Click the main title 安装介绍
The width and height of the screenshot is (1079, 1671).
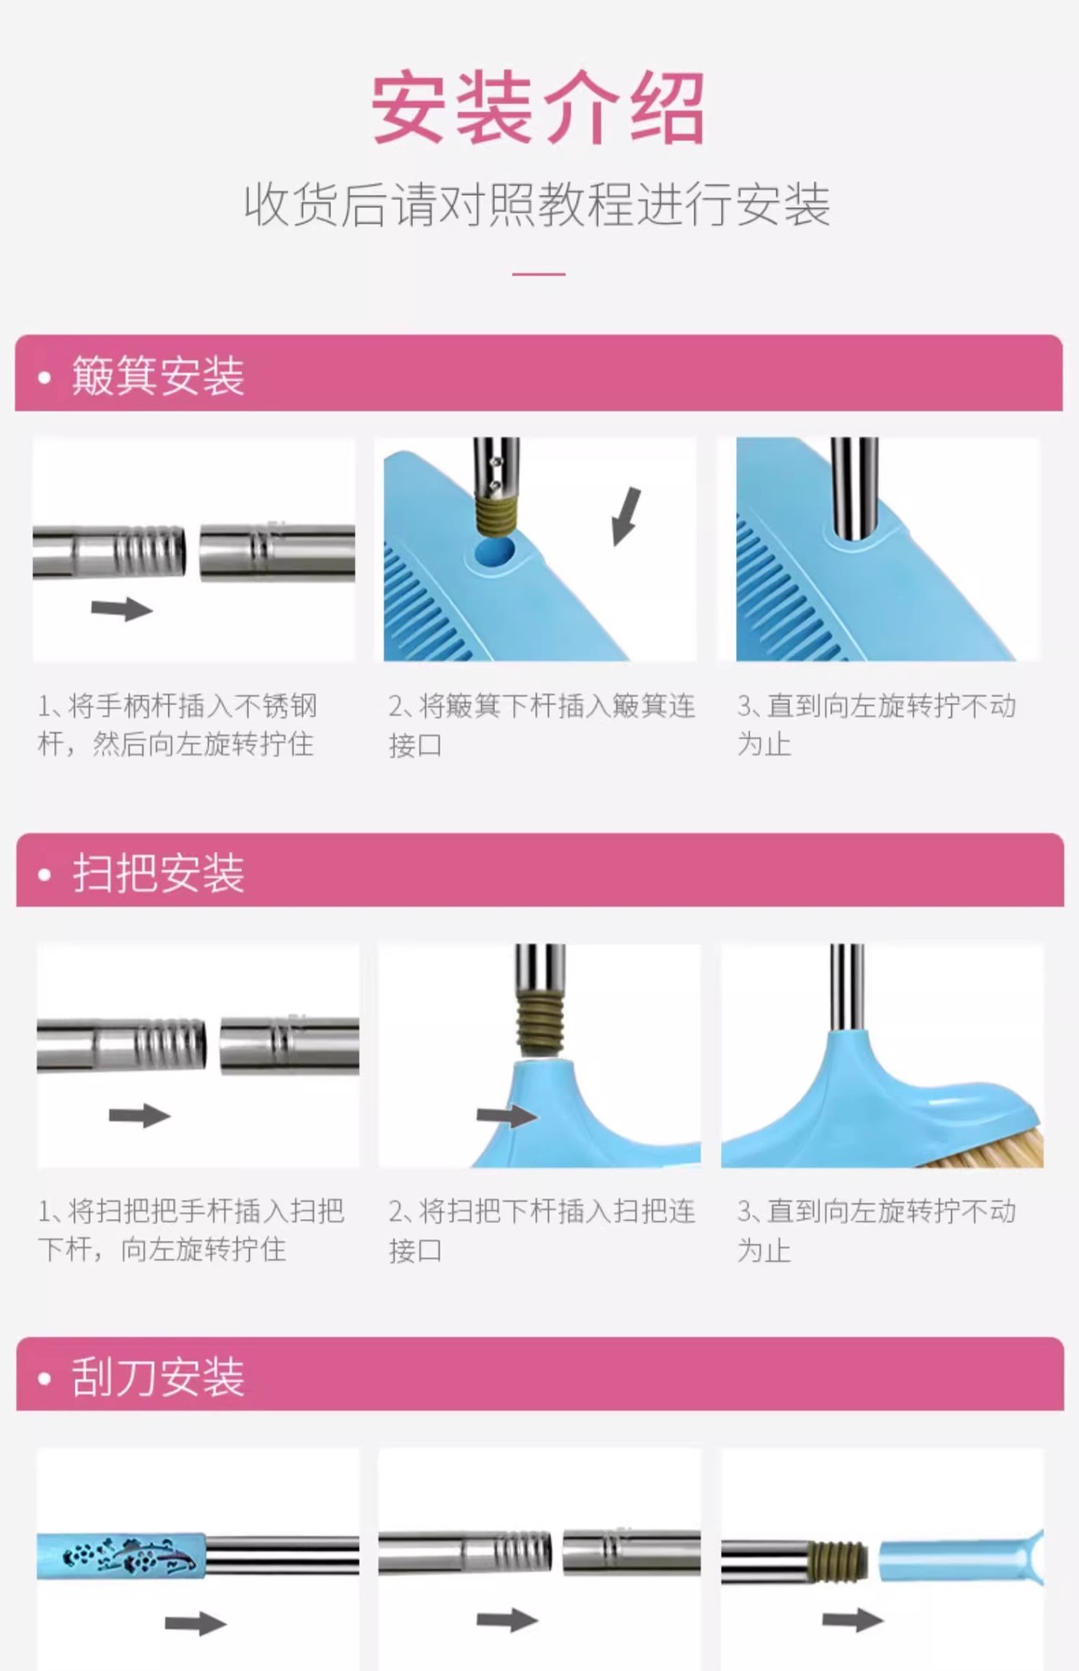point(538,110)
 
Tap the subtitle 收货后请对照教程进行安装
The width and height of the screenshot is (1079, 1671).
point(538,205)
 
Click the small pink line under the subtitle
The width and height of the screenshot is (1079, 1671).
point(539,274)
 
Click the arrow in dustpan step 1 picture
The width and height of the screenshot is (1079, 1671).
point(122,608)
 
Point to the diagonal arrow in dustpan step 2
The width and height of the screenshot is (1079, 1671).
point(626,517)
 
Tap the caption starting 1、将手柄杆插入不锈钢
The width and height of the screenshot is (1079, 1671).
point(178,724)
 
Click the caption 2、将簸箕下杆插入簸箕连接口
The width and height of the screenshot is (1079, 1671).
point(541,724)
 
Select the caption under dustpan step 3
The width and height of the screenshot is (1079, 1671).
point(876,724)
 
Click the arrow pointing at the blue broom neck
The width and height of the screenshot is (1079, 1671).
point(506,1116)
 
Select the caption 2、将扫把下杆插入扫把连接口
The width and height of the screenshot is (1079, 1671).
point(541,1230)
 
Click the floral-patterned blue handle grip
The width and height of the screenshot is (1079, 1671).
point(122,1557)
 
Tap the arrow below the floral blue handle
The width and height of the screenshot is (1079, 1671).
point(195,1622)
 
